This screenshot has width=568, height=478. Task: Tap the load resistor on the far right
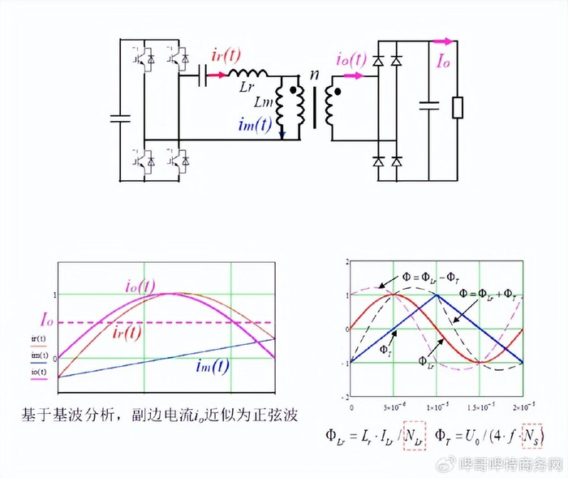tap(457, 107)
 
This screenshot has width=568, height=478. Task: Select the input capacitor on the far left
tap(120, 118)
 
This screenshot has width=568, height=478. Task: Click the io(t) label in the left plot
tap(140, 286)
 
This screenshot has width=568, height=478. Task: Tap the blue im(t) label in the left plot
tap(213, 366)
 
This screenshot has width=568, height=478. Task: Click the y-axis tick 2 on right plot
tap(346, 262)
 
